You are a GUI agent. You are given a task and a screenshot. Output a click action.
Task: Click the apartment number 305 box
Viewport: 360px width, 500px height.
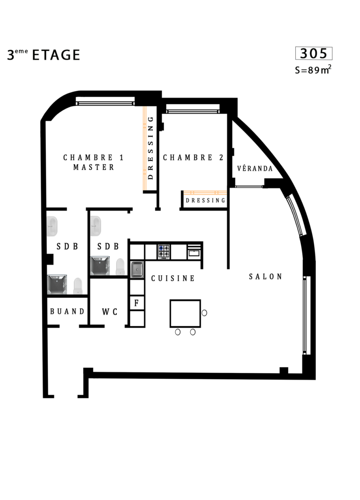tap(314, 53)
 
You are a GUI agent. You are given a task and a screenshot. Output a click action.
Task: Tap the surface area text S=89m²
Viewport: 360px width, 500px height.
tap(313, 69)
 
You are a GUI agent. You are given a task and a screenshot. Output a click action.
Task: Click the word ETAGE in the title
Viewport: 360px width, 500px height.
tap(56, 55)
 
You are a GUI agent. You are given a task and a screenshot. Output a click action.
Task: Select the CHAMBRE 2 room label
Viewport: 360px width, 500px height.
tap(193, 158)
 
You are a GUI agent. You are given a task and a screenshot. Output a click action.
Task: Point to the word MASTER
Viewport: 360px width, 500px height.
tap(94, 167)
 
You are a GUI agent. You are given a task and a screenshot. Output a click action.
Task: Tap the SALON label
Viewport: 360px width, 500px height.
tap(265, 276)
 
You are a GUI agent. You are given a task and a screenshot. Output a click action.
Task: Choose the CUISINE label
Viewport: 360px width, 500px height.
tap(173, 279)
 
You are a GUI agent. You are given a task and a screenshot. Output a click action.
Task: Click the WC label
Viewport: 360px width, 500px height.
tap(110, 311)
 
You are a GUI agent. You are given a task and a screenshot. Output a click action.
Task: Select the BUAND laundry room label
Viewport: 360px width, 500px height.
tap(67, 311)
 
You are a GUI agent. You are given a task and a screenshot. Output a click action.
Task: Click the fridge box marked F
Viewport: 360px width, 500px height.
tap(137, 303)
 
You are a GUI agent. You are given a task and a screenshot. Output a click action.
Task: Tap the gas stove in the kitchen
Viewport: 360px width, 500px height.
tap(164, 252)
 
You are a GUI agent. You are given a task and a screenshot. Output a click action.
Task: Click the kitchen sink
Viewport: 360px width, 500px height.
tap(137, 269)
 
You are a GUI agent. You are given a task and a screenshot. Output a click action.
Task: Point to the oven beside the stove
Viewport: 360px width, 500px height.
tap(194, 252)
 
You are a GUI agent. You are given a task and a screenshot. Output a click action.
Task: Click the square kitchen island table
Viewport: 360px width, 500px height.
tap(185, 313)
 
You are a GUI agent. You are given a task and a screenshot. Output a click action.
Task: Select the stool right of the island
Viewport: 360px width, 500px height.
tap(204, 313)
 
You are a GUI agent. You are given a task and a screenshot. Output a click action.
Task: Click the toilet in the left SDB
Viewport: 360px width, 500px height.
tap(78, 286)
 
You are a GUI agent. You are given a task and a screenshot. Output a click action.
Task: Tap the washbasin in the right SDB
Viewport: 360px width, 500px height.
tap(96, 226)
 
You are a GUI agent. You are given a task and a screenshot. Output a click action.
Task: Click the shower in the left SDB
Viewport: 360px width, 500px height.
tap(57, 284)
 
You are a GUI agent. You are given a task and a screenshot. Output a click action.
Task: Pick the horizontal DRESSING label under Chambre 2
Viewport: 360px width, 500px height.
tap(205, 201)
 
